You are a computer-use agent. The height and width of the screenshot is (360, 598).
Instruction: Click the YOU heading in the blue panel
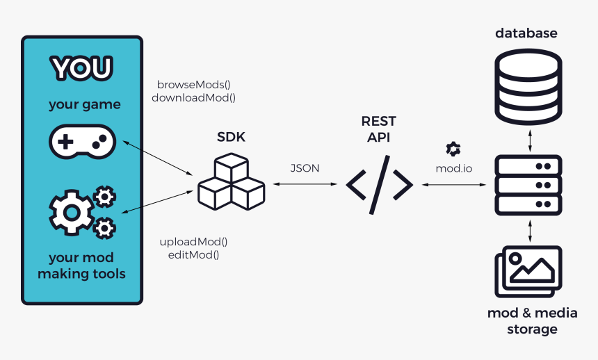coord(82,68)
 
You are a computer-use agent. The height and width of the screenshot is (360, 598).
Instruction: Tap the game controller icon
coord(82,142)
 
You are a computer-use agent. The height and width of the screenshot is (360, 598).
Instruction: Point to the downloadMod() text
coord(193,98)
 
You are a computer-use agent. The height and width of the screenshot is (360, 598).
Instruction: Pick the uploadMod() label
coord(193,242)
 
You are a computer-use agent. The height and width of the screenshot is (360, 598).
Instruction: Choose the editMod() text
coord(193,254)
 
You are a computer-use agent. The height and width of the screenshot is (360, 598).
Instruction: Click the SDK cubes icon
coord(231,183)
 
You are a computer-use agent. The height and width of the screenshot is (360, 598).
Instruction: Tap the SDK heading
coord(231,138)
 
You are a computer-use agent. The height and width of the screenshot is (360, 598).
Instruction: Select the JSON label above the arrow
coord(305,168)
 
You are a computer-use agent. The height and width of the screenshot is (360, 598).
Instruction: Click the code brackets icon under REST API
coord(380,184)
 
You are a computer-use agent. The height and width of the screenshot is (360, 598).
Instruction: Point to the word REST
coord(378,121)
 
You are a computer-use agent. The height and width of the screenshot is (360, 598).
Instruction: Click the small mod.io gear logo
coord(453,149)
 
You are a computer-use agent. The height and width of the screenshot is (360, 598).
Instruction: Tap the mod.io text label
coord(453,168)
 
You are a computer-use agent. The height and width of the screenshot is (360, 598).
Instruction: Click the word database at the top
coord(526,33)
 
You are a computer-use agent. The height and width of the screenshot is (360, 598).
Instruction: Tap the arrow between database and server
coord(531,141)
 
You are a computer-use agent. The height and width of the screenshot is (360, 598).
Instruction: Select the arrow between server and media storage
coord(531,231)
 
